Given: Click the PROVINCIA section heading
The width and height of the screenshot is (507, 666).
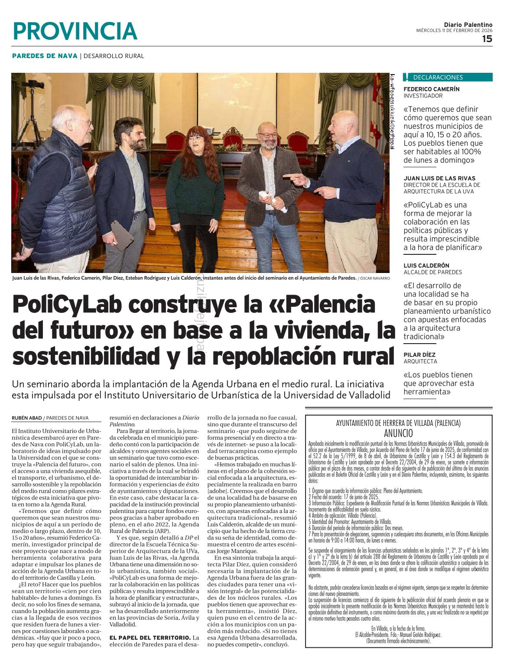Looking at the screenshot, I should click(75, 31).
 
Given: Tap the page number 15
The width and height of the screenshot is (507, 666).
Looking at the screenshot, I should click(487, 39).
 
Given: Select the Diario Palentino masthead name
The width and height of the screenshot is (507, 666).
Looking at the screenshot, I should click(468, 25).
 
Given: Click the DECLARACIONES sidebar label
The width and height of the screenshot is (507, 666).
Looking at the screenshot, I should click(438, 78).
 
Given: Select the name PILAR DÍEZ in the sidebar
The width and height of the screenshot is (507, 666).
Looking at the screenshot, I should click(419, 354).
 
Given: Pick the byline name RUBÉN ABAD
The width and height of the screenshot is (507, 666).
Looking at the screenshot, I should click(27, 418).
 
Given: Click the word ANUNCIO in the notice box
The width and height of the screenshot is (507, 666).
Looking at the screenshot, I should click(398, 433).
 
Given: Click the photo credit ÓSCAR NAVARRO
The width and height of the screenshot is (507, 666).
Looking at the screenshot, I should click(375, 278).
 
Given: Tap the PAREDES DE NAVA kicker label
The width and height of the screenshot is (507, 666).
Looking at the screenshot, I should click(45, 56).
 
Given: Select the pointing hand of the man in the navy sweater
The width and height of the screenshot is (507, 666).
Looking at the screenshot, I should click(292, 177).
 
